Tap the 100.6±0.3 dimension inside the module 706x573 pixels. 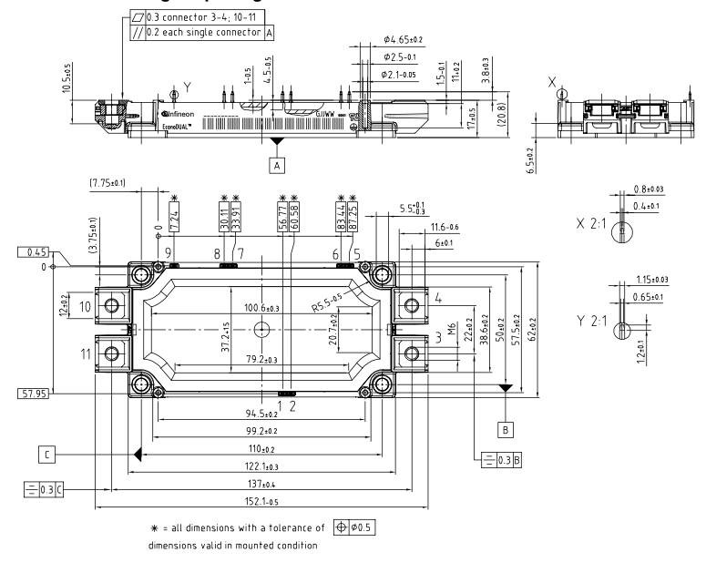click(x=261, y=309)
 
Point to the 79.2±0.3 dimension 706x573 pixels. click(x=261, y=360)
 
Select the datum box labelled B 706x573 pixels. click(x=506, y=427)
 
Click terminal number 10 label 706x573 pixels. click(x=85, y=307)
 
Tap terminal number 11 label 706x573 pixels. click(x=85, y=353)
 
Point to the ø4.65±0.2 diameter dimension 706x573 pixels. click(x=404, y=40)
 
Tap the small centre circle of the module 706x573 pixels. click(x=261, y=329)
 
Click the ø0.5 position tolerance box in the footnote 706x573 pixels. click(x=358, y=527)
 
